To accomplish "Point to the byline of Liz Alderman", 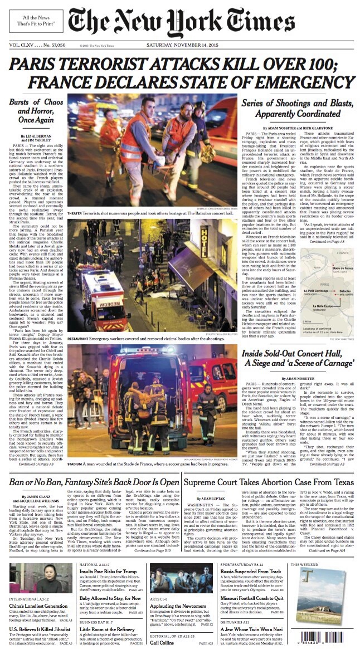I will (28, 135).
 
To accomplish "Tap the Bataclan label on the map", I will (329, 291).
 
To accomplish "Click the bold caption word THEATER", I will (75, 213).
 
